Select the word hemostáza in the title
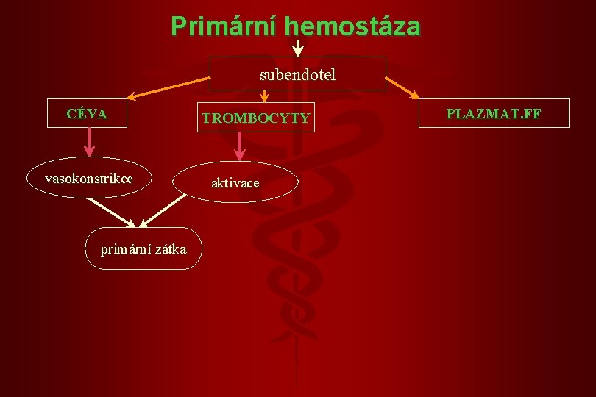(x=352, y=26)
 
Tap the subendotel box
(x=297, y=74)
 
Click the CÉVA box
(x=87, y=113)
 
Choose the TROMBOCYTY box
(x=256, y=117)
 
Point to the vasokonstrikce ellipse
(x=89, y=179)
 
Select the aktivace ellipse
(x=235, y=182)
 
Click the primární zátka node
(x=143, y=248)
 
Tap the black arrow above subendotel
(x=297, y=47)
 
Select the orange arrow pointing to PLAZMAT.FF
(x=402, y=87)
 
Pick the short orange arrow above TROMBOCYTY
(x=265, y=96)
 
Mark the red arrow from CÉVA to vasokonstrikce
(x=89, y=142)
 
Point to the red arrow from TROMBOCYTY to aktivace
(x=239, y=146)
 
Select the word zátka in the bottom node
(x=168, y=248)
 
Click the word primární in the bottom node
(x=124, y=248)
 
